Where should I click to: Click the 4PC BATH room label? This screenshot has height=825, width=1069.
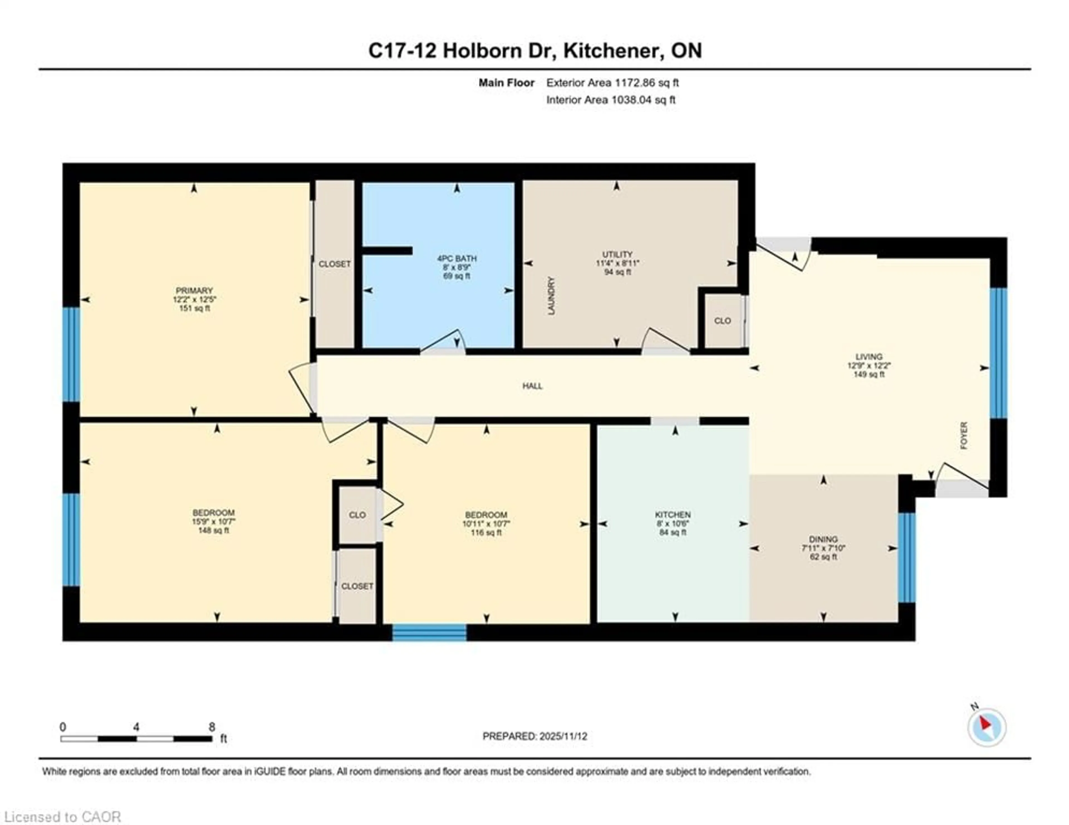[x=456, y=258]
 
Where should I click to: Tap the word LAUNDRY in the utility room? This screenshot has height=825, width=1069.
[x=552, y=296]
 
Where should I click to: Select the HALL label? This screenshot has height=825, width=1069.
[x=532, y=386]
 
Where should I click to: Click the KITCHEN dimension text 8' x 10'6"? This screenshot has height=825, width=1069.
[x=673, y=524]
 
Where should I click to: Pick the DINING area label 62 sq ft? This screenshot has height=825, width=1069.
[x=823, y=557]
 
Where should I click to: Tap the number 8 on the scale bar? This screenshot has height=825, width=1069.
[x=212, y=727]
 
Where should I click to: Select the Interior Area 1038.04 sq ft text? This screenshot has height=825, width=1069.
[x=611, y=100]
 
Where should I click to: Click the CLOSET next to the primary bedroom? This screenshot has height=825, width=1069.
[x=334, y=264]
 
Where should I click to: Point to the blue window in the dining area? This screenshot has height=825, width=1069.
[x=906, y=557]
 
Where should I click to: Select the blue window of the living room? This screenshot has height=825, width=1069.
[x=998, y=353]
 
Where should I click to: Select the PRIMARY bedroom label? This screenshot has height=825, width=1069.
[x=194, y=291]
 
